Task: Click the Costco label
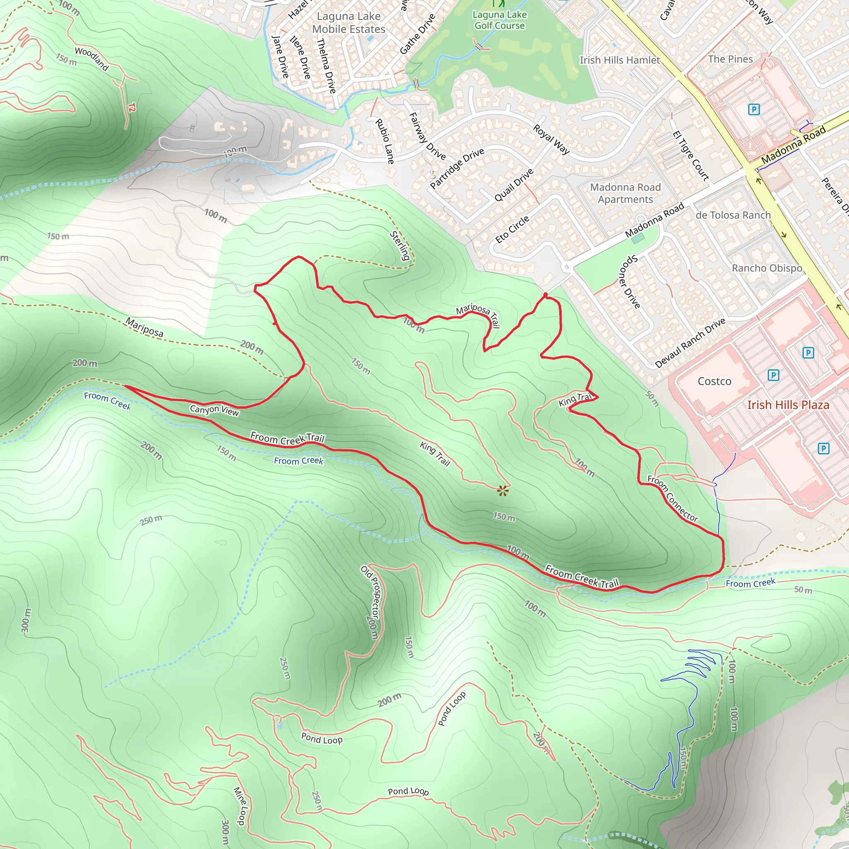715,381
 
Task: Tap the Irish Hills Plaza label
788,405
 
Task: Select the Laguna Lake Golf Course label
500,20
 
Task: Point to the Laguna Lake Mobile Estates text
349,23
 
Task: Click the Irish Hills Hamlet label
620,60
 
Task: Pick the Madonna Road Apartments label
625,193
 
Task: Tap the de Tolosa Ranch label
733,215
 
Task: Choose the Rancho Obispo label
767,268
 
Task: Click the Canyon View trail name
214,410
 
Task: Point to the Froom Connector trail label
672,498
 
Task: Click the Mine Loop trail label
240,806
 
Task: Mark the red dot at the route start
546,294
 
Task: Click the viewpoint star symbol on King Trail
503,491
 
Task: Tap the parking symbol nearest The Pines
754,109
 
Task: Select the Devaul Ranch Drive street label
690,343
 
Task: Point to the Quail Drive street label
514,185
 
